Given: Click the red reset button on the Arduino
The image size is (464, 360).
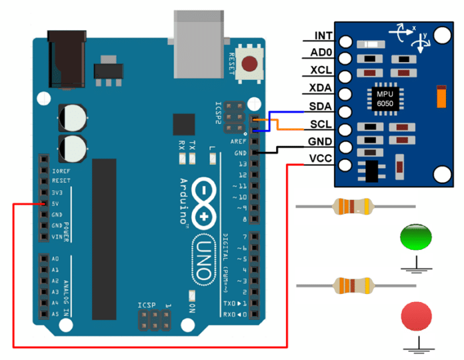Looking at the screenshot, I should coord(250,64).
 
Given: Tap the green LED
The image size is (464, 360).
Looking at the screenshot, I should coord(417,237).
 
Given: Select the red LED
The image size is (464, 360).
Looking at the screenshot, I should coord(417,315).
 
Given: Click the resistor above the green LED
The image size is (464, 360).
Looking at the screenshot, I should coord(351,207).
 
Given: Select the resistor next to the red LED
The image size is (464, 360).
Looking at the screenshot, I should coord(351,286).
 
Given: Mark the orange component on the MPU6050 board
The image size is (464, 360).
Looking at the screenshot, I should coord(441,96).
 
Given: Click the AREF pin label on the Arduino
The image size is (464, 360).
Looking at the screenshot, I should coord(238,141).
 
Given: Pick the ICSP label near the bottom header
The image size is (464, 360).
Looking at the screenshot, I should coord(147,305).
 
